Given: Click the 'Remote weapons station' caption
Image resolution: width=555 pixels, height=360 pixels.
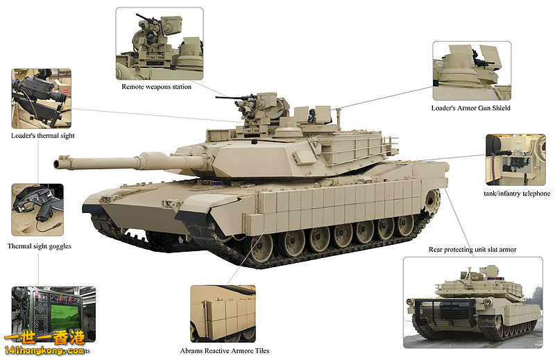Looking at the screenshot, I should [x=156, y=87].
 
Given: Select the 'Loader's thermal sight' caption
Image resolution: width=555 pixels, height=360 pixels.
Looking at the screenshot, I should [x=43, y=136].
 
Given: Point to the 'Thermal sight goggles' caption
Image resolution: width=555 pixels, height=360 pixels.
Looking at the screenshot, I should [x=40, y=246].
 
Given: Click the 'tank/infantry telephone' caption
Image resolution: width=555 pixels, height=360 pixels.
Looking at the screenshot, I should [x=516, y=194].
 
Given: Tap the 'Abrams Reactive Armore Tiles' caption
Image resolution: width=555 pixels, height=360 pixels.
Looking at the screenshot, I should [x=224, y=351].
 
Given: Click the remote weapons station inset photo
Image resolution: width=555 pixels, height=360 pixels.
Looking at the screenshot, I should [x=160, y=44].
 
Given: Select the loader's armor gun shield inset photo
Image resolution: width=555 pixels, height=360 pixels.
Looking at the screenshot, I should [x=472, y=71].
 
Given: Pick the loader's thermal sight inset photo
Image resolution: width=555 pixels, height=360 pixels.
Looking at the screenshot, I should [x=41, y=98].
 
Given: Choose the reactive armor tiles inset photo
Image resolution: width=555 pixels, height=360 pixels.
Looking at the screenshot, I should [x=223, y=314].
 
